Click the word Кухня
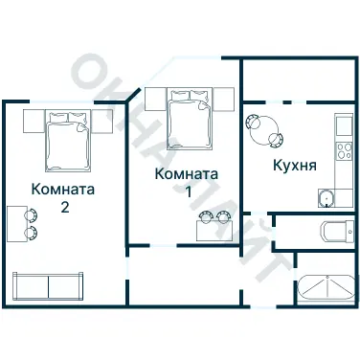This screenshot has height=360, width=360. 295,165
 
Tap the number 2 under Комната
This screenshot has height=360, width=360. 63,206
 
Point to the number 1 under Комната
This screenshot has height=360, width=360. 188,191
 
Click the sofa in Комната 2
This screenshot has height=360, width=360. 47,285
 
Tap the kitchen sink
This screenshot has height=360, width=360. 326,197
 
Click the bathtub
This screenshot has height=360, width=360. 326,288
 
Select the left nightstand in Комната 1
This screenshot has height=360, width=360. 153,98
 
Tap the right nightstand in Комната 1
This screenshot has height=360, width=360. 227,98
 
